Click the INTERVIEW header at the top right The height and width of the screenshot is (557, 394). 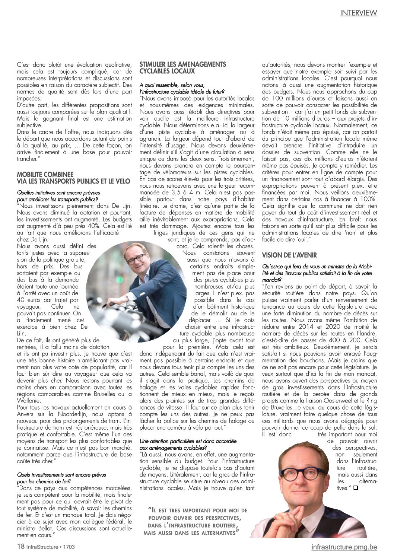pos(358,13)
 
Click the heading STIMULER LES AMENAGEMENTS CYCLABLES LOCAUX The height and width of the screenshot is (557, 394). pos(182,67)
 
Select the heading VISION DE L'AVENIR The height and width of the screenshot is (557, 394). pos(289,255)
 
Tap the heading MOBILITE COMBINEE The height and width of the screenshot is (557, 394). pos(45,174)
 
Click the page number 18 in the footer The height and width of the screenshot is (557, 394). pos(21,547)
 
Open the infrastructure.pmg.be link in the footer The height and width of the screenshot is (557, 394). pos(344,547)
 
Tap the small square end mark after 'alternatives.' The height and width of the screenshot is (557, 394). pos(355,488)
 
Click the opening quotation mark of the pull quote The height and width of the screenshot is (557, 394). pos(149,509)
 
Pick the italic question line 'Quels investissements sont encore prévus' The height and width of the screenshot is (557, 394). pos(61,475)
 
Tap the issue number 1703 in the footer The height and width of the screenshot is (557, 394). pos(69,547)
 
